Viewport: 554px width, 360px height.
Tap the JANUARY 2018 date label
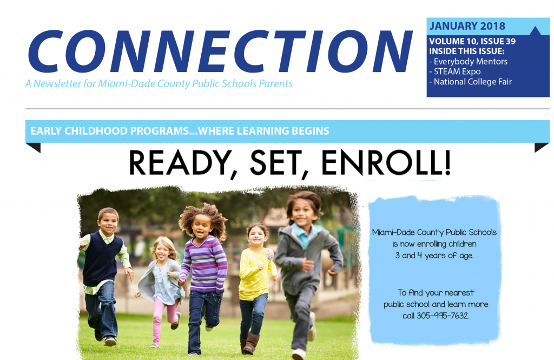467,26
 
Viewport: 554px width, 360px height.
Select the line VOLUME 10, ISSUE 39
472,41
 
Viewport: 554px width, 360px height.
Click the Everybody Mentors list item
468,62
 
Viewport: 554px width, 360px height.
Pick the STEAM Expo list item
455,71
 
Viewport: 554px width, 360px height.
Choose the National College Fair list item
470,82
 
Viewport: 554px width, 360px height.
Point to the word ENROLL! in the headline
386,163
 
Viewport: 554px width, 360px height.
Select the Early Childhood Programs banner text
180,131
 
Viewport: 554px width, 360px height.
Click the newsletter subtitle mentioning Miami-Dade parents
159,84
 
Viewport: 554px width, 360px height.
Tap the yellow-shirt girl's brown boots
249,343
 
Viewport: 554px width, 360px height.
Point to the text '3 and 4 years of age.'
434,256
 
